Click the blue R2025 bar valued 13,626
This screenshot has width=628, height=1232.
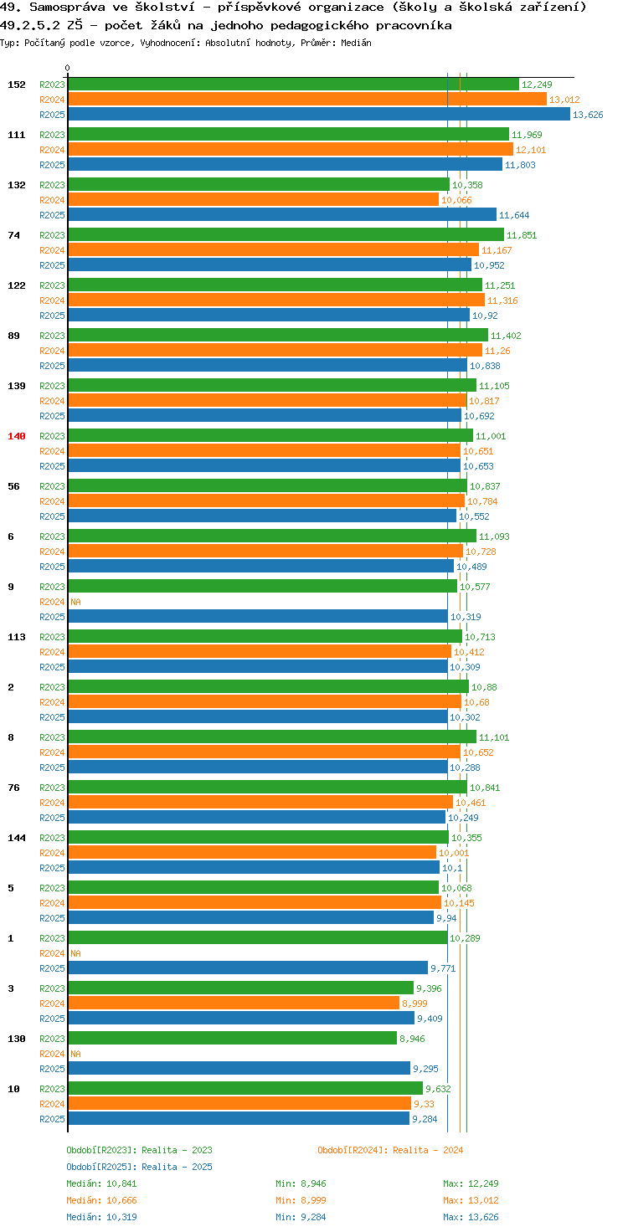click(319, 115)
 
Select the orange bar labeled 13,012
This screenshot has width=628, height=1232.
click(307, 100)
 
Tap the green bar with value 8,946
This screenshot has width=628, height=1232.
click(232, 1039)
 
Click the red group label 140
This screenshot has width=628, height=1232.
click(17, 436)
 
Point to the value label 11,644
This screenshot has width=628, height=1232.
click(514, 215)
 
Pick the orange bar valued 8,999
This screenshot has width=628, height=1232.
click(234, 1004)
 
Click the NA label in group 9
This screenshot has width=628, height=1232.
click(75, 602)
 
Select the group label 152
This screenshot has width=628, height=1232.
click(17, 85)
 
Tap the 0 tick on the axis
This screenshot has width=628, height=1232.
click(67, 68)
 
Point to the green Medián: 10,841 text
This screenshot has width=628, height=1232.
click(101, 1183)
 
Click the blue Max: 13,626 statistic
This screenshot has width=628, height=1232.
click(471, 1217)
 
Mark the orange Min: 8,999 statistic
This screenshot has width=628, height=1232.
click(301, 1200)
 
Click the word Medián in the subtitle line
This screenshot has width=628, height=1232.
click(356, 43)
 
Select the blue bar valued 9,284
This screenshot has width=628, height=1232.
click(239, 1119)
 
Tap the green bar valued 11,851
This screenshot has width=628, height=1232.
click(286, 235)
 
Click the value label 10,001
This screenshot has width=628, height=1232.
click(454, 853)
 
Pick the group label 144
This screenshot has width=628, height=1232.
click(17, 838)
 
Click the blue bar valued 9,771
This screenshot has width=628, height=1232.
click(248, 968)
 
